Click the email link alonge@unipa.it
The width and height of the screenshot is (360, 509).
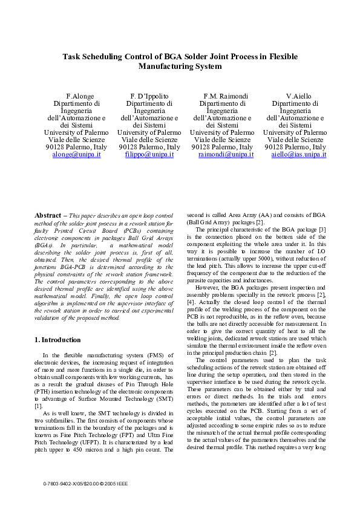tap(76, 155)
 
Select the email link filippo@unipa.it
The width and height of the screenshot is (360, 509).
tap(149, 155)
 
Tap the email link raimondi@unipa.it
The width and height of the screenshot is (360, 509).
tap(226, 155)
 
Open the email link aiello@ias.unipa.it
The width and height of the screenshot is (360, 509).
tap(298, 155)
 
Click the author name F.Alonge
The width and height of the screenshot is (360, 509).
tap(77, 96)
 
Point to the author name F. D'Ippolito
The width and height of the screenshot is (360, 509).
tap(149, 96)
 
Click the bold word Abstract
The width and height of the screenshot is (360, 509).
tap(48, 215)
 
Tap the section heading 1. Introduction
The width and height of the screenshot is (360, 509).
tap(57, 340)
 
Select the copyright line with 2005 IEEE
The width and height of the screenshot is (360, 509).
tap(85, 484)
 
